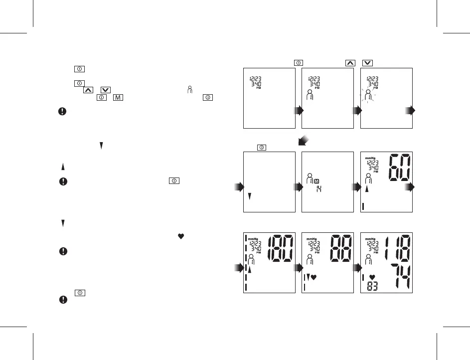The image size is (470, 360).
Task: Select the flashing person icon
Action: coord(368,97)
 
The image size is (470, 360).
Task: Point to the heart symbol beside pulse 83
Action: coord(372,277)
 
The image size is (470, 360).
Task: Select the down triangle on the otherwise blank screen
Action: coord(249,196)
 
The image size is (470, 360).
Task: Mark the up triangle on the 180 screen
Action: coord(250,270)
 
